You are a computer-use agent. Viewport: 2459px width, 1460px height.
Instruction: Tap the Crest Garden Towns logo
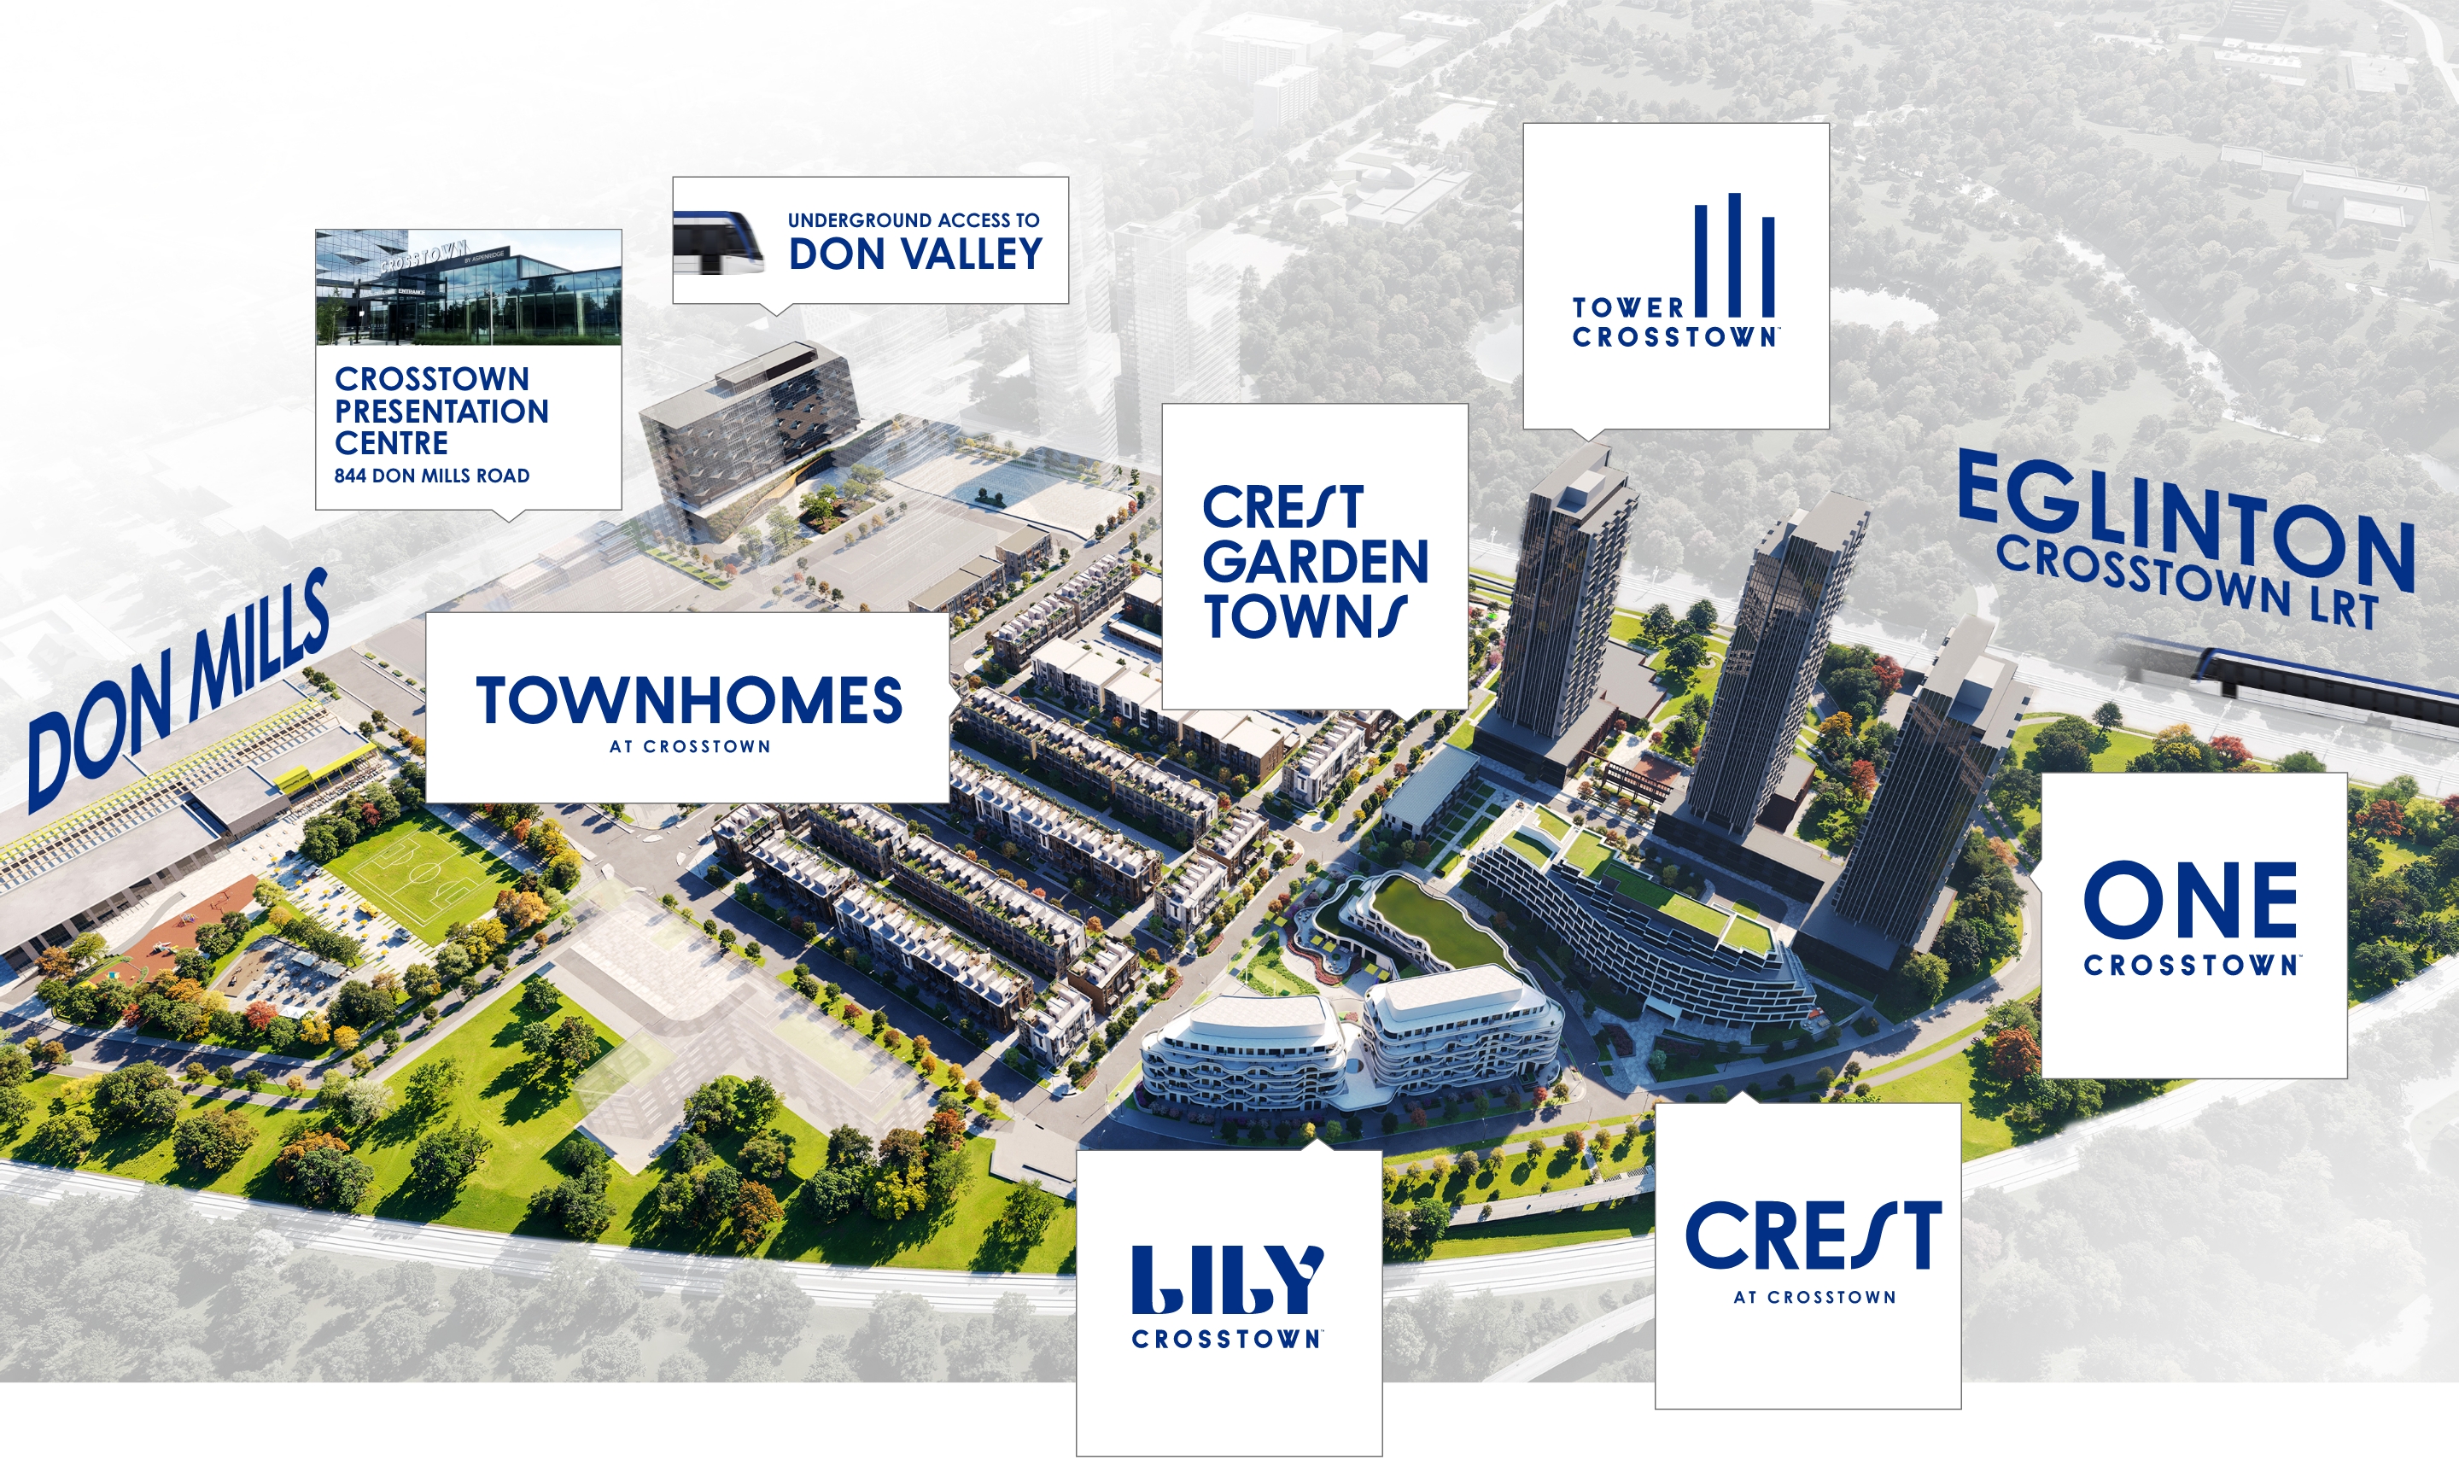click(x=1314, y=561)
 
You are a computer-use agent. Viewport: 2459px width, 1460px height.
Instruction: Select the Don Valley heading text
click(x=914, y=254)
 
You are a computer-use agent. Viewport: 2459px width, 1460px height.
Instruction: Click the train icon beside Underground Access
click(x=718, y=242)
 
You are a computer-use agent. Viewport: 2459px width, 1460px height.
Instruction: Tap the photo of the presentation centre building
click(x=468, y=287)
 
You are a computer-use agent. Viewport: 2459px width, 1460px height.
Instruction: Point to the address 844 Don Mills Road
click(x=432, y=476)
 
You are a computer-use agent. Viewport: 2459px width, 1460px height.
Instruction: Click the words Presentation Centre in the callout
click(x=441, y=427)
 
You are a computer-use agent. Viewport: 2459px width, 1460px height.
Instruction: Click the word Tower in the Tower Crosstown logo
click(x=1628, y=308)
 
